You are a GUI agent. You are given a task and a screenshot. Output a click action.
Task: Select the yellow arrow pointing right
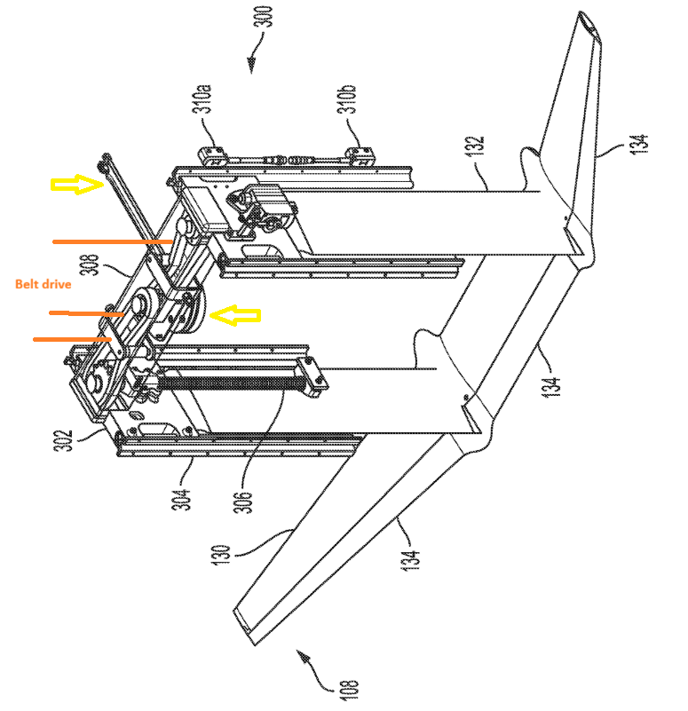point(76,185)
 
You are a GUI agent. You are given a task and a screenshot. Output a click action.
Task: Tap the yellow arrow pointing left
point(236,314)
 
